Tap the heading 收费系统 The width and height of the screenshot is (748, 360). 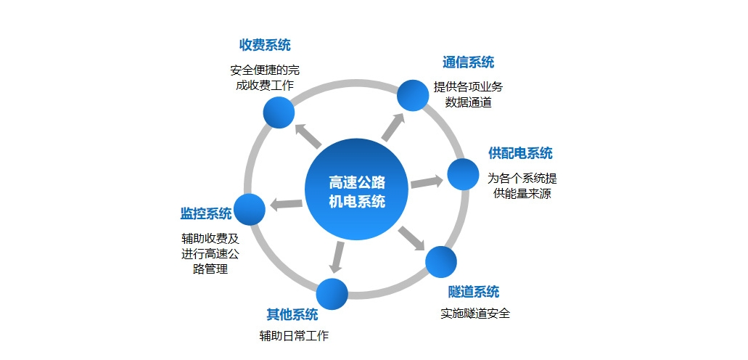pos(265,45)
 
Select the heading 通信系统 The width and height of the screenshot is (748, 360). pos(468,62)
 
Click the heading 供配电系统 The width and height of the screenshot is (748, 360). pos(520,153)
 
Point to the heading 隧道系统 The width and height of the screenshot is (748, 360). pos(474,292)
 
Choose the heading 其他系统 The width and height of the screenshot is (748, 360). pos(292,314)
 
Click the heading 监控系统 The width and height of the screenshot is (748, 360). pos(206,213)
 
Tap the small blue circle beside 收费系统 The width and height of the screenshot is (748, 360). pos(279,112)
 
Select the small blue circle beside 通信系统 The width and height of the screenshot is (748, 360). pos(413,94)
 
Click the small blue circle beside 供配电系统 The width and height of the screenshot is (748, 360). pos(463,174)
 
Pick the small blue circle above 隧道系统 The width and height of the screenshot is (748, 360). pos(440,262)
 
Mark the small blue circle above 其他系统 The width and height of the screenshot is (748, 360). pos(333,293)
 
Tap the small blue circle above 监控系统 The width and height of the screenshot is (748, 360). pos(250,209)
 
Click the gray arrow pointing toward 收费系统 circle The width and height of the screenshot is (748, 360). pos(307,135)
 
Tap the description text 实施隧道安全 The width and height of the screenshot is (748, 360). pos(475,314)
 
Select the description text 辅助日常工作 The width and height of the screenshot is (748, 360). pos(294,336)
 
